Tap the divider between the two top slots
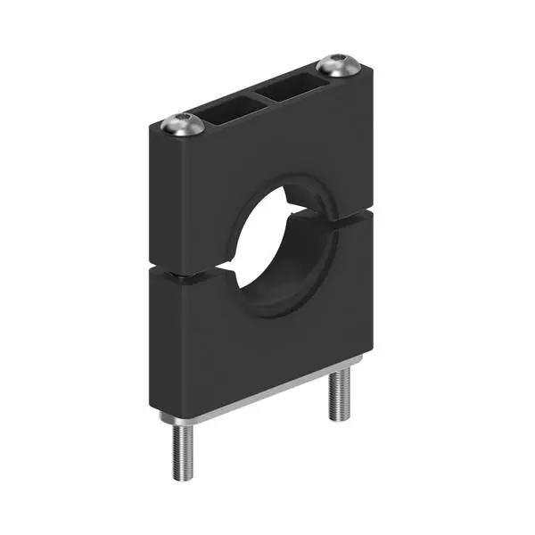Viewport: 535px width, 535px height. click(x=260, y=96)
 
